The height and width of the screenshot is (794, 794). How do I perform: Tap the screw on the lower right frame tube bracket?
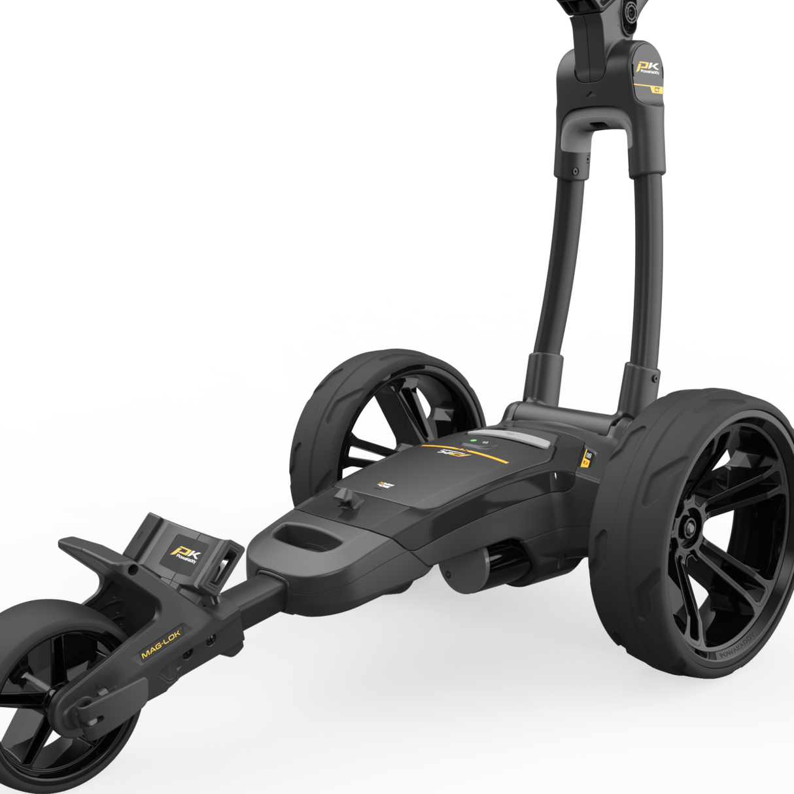tap(655, 378)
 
